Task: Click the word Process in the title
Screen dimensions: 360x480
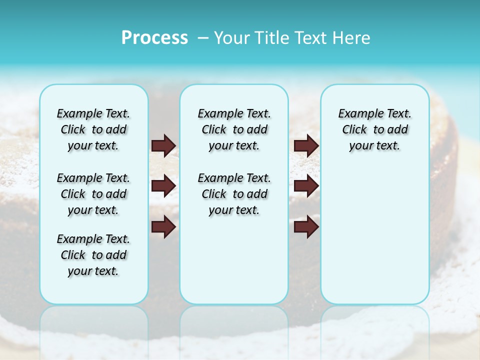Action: [154, 38]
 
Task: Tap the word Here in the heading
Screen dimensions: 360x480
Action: [351, 38]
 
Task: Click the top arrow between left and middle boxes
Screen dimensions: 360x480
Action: [163, 146]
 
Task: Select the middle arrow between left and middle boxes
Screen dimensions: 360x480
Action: [163, 186]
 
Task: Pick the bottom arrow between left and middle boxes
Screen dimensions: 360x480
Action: [163, 226]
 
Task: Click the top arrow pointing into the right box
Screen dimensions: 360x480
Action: [306, 146]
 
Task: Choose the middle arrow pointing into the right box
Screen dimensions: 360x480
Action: [306, 186]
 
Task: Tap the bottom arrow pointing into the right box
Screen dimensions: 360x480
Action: [306, 226]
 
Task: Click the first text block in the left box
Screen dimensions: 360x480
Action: [93, 129]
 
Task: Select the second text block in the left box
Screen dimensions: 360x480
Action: [93, 194]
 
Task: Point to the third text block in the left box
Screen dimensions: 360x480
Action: [93, 255]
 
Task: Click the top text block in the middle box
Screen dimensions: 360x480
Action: [234, 129]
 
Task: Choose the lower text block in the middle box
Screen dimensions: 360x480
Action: [234, 194]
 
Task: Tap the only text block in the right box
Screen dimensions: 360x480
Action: [374, 129]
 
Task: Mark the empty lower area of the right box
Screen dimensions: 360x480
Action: [374, 230]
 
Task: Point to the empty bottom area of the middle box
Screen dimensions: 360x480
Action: [234, 260]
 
